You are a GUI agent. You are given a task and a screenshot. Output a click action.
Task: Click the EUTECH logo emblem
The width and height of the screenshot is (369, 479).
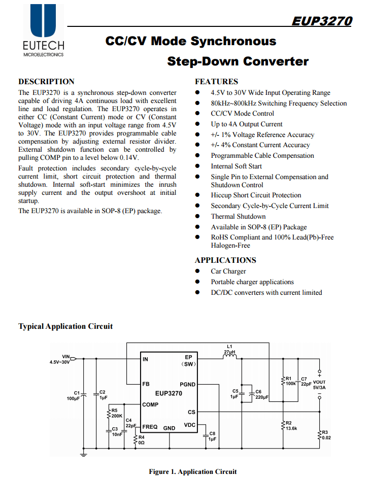coord(43,20)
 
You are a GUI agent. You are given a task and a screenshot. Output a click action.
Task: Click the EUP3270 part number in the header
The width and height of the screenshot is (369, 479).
coord(321,21)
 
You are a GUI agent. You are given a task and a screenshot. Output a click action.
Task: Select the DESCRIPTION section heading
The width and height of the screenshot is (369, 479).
coord(46,82)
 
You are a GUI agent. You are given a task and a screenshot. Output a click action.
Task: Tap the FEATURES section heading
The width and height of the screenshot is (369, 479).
coord(216,82)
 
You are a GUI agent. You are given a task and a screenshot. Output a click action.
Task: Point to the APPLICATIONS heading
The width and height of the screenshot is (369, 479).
coord(225,260)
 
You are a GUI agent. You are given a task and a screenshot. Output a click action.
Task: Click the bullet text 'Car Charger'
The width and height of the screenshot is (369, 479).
coord(228,271)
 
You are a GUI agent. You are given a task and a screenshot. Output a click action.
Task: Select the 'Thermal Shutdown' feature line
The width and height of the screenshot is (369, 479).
coord(238,216)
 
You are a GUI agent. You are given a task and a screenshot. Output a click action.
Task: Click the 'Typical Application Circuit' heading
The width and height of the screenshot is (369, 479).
coord(65,326)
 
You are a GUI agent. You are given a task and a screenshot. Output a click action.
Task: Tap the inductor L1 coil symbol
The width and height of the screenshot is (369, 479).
coord(230,357)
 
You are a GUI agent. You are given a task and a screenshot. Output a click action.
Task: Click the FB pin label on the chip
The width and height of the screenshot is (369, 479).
coord(146,384)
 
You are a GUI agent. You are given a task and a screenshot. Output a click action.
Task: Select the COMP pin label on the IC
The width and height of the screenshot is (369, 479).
coord(150,405)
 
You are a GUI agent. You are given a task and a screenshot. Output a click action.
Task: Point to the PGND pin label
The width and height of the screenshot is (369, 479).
coord(187,385)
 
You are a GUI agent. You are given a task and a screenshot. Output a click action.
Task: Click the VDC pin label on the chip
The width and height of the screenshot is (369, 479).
coord(189,425)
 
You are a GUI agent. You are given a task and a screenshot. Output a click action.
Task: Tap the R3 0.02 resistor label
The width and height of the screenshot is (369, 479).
coord(325,435)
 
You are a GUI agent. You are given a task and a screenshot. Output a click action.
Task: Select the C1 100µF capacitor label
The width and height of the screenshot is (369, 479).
coord(73,396)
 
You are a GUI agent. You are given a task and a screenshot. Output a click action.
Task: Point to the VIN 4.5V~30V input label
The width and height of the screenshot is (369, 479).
coord(59,360)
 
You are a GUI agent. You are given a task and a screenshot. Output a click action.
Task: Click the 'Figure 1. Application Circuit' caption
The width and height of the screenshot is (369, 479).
coord(192,471)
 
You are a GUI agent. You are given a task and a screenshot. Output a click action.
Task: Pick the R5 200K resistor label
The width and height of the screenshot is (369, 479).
coord(117,413)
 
